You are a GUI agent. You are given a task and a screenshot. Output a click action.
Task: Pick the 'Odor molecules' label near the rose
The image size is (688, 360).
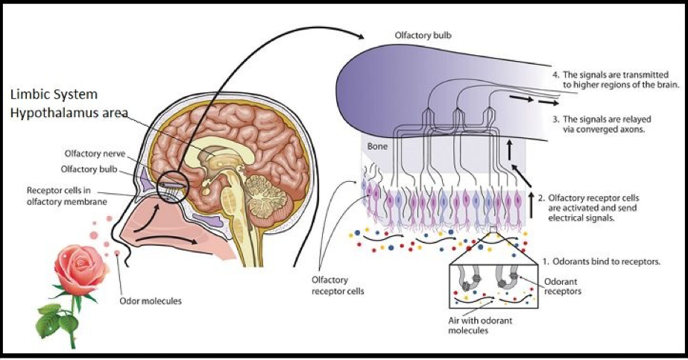pos(150,301)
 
